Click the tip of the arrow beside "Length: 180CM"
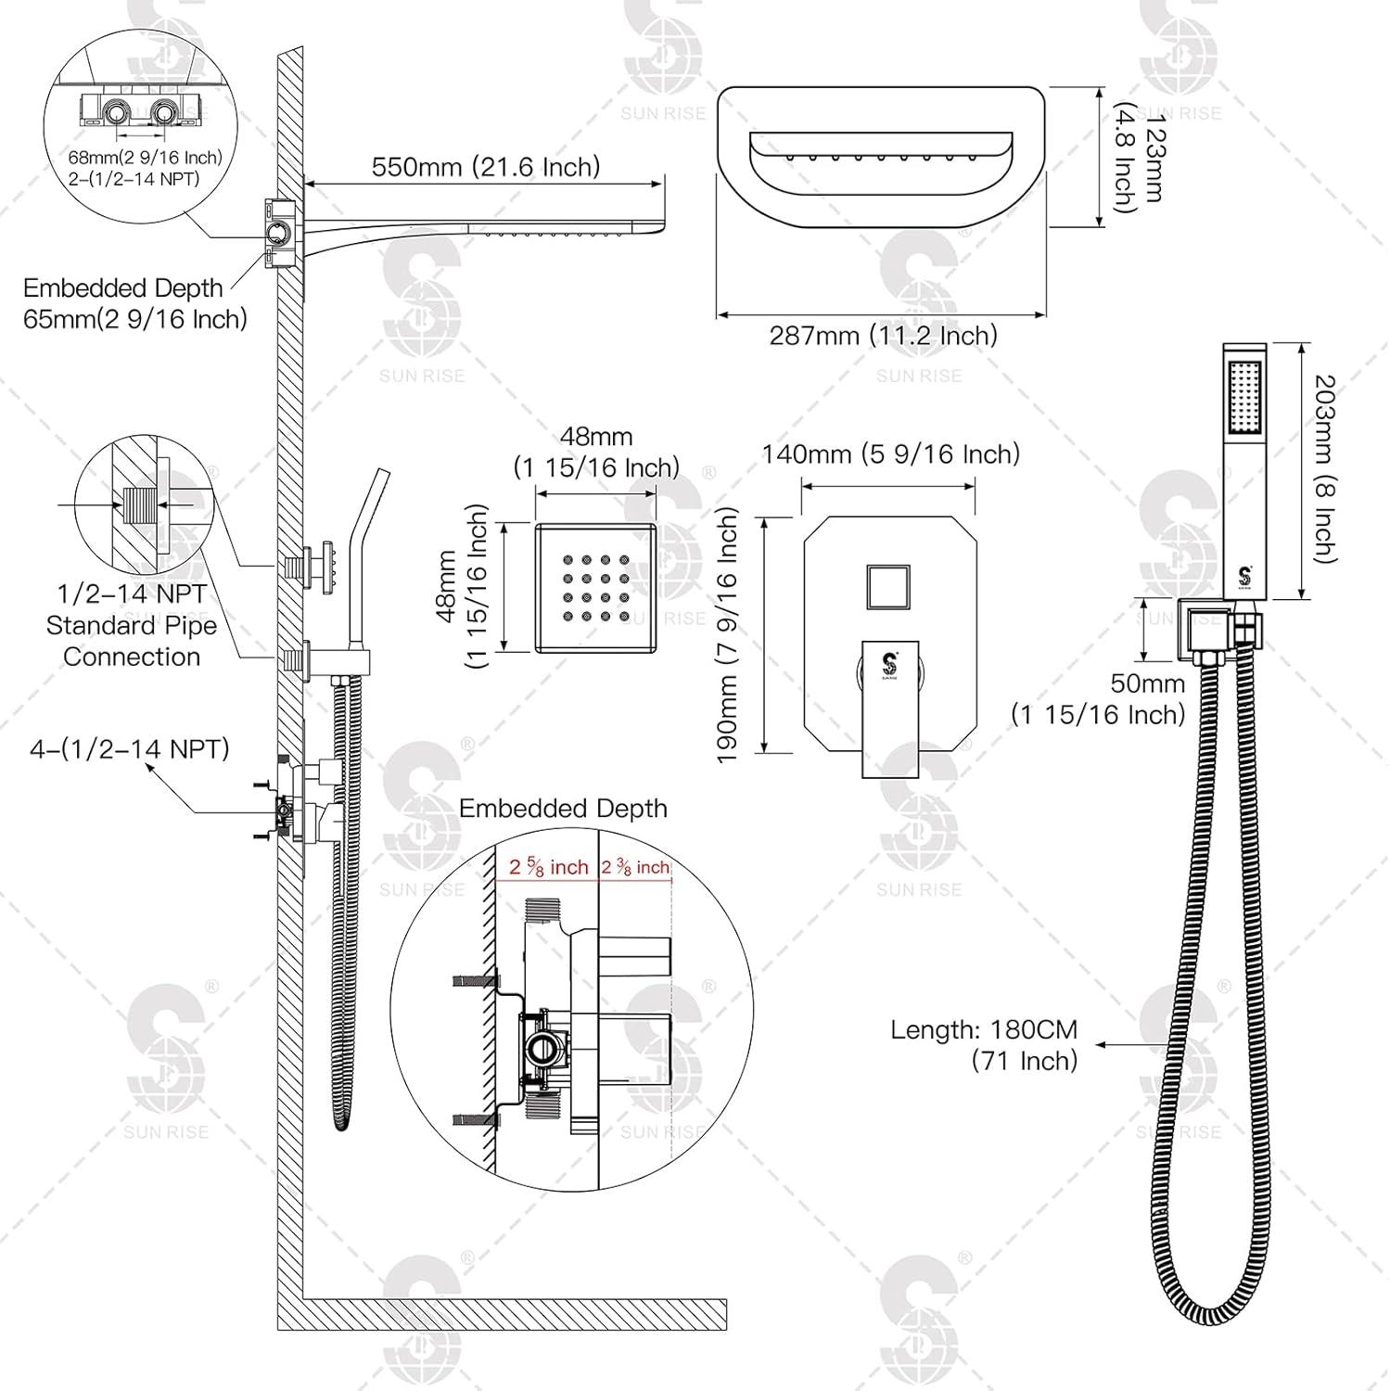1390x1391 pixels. coord(1096,1045)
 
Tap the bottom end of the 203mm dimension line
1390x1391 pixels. coord(1304,600)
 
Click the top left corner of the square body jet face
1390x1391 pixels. coord(535,524)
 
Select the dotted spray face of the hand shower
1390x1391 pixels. coord(1245,399)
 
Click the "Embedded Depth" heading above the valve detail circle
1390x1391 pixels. coord(563,809)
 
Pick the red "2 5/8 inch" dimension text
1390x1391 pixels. coord(549,868)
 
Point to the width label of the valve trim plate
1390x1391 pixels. coord(890,453)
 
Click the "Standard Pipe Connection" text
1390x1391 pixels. coord(132,641)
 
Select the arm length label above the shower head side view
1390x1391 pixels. coord(486,166)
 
